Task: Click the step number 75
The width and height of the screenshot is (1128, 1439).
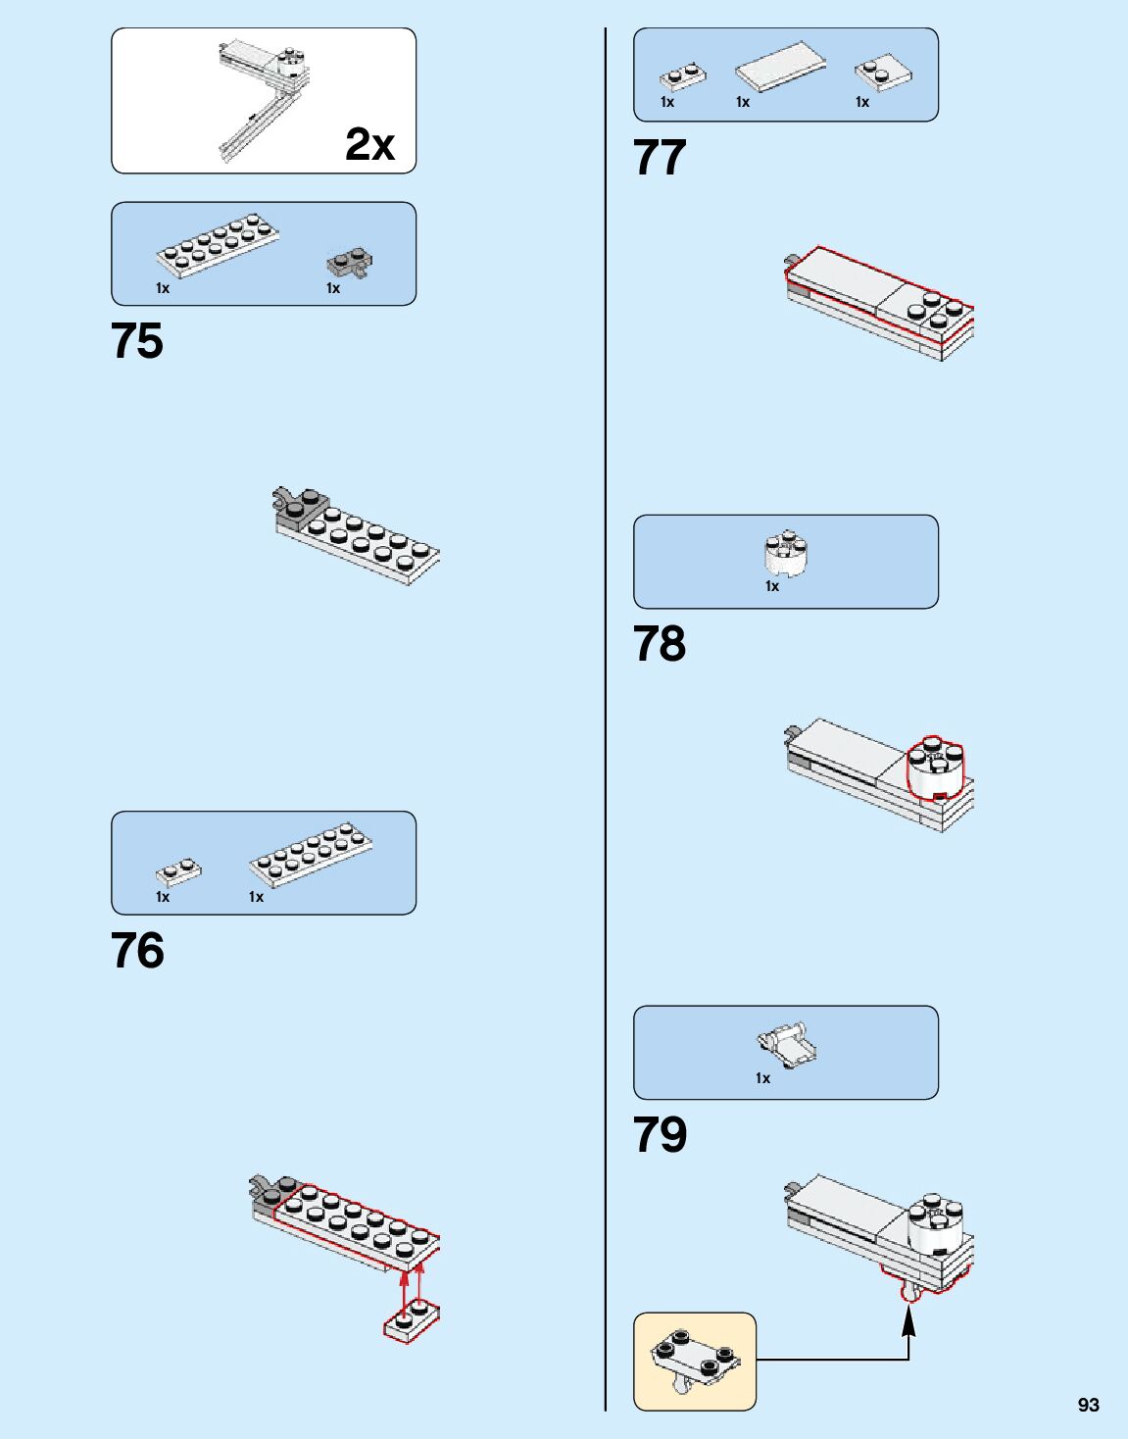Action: (137, 341)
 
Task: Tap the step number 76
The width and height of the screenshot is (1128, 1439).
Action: (137, 950)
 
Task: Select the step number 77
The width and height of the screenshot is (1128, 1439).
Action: (660, 157)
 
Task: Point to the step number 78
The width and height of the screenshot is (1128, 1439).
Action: (660, 644)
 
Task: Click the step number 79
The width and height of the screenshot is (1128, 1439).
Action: (660, 1134)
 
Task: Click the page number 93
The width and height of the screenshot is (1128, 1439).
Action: (1088, 1405)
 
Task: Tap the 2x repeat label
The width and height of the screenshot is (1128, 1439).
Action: (369, 144)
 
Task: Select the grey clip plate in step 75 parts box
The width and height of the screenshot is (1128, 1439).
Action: (348, 263)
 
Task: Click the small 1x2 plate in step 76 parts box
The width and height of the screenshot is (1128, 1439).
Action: (178, 870)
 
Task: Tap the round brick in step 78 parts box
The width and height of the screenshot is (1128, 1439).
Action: (785, 555)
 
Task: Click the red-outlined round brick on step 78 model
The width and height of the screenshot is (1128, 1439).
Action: (935, 768)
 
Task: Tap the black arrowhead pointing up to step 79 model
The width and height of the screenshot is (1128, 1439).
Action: (908, 1320)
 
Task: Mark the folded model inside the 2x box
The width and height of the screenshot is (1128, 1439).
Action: (263, 98)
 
